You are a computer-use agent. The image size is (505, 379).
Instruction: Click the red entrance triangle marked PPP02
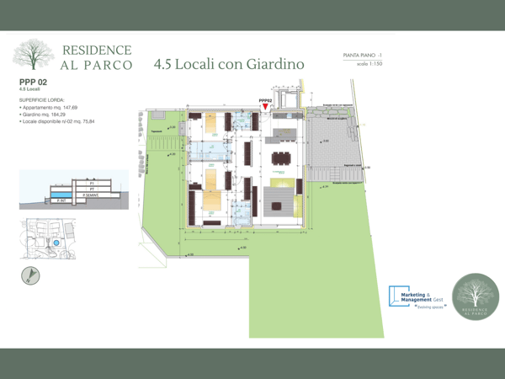266,107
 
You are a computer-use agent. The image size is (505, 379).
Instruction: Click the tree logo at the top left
33,56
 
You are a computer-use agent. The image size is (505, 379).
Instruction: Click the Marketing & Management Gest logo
414,296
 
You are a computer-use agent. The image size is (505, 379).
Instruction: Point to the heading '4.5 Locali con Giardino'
228,64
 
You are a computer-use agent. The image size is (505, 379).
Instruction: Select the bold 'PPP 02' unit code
35,82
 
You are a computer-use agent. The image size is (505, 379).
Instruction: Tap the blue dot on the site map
56,243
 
